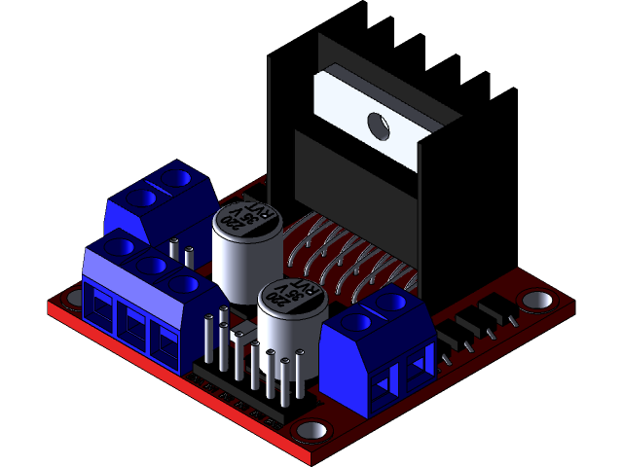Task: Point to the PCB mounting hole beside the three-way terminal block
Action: (71, 300)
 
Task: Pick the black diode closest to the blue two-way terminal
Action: (450, 340)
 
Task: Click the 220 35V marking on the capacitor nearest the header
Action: (291, 295)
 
